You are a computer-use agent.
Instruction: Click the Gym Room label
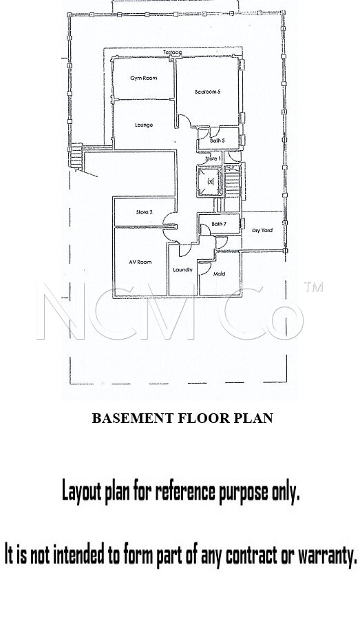[143, 78]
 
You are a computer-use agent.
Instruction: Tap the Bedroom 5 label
[207, 92]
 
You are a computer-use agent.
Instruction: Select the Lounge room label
[144, 125]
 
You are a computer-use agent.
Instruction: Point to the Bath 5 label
[218, 141]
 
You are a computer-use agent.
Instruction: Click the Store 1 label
[213, 158]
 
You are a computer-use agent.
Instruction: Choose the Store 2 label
[144, 212]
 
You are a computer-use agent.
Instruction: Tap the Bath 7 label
[219, 224]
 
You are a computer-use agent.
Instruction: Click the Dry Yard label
[262, 231]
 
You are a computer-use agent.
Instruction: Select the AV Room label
[140, 262]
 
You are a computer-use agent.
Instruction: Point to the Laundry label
[183, 270]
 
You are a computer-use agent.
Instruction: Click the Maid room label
[220, 274]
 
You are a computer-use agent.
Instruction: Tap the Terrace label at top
[173, 52]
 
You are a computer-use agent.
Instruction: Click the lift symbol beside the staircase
[211, 182]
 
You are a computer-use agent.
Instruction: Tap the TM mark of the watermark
[313, 287]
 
